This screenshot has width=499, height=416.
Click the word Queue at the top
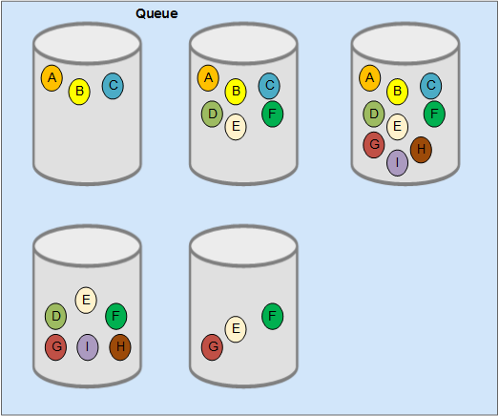coord(156,13)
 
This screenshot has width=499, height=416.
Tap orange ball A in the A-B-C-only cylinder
coord(52,78)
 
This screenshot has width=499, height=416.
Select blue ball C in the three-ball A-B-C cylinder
coord(113,86)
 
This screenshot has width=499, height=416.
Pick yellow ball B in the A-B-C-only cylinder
coord(79,92)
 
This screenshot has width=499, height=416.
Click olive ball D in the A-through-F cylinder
coord(212,114)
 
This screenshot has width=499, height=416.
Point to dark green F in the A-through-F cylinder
coord(273,114)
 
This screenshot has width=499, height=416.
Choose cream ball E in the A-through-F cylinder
coord(236,127)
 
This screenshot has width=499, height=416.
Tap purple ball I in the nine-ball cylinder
coord(398,163)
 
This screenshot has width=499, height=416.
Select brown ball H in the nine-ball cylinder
coord(421,150)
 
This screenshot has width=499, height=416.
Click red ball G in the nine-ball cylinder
coord(374,145)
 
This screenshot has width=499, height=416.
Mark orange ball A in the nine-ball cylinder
coord(370,78)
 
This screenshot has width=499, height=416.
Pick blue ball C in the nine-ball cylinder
coord(431,86)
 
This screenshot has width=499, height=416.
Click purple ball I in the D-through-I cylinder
coord(88,347)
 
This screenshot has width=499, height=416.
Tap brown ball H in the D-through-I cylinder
coord(120,347)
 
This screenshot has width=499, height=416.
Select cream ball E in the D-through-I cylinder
coord(86,301)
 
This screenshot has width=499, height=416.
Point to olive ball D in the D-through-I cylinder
coord(56,317)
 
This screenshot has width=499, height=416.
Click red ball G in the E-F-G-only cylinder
coord(212,347)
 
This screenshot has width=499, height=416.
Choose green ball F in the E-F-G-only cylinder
coord(273,317)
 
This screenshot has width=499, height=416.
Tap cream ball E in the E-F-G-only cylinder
coord(236,329)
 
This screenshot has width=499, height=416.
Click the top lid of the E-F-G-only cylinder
coord(243,246)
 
